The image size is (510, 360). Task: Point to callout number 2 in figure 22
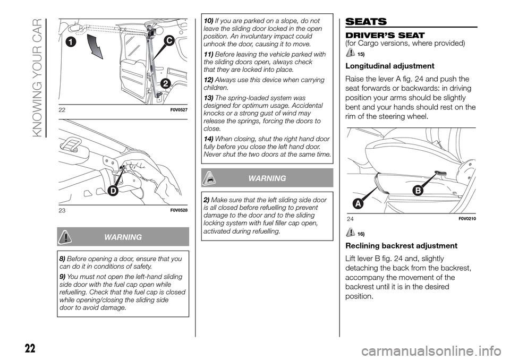tap(165, 83)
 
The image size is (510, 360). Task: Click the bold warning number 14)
tap(208, 139)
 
